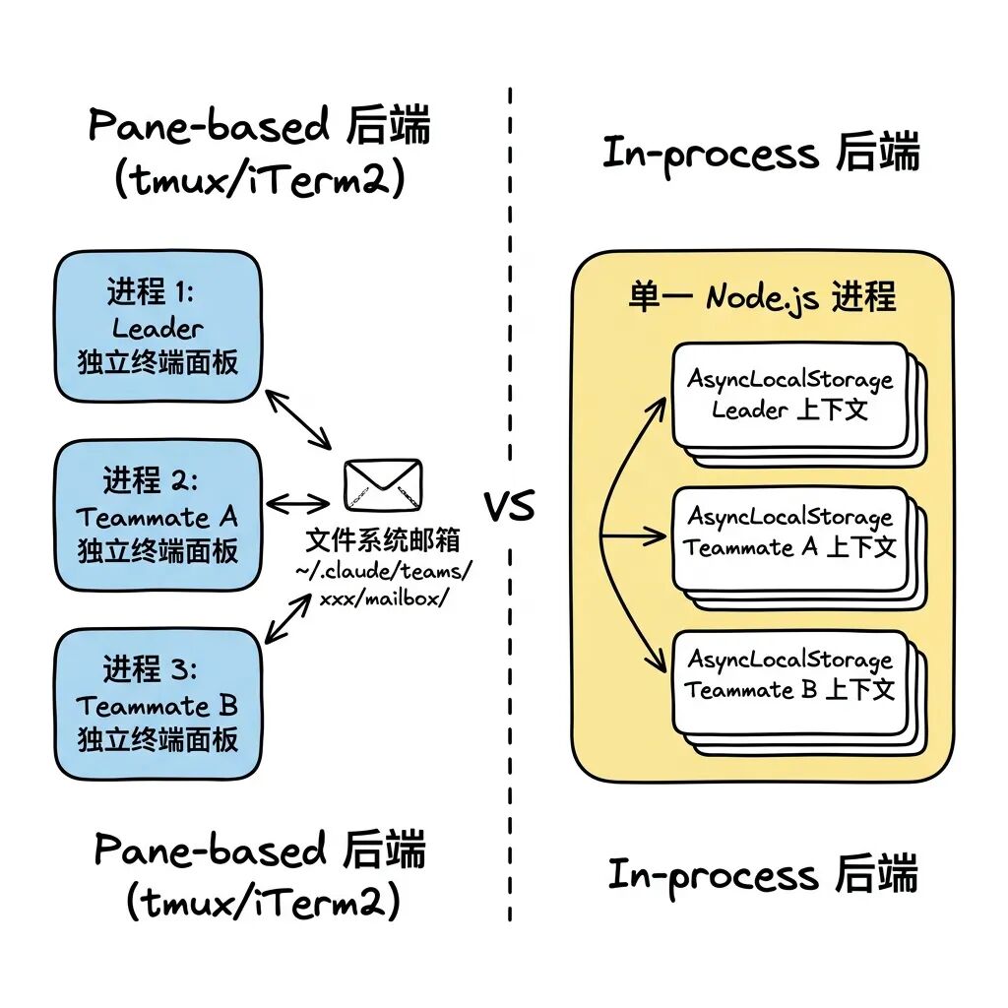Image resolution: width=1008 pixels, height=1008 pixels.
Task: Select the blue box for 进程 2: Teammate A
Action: pyautogui.click(x=157, y=516)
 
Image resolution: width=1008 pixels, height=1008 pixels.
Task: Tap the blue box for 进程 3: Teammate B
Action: pyautogui.click(x=157, y=705)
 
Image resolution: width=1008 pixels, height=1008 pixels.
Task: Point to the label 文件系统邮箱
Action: pyautogui.click(x=382, y=540)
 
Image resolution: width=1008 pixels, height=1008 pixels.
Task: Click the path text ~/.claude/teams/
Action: pyautogui.click(x=383, y=570)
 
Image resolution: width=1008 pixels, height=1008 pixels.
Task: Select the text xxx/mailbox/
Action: pyautogui.click(x=383, y=598)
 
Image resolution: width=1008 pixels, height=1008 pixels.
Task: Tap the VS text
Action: pyautogui.click(x=509, y=507)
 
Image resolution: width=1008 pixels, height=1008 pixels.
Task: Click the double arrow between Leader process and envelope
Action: pyautogui.click(x=301, y=418)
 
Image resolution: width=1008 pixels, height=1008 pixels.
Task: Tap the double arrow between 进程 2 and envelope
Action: pyautogui.click(x=298, y=503)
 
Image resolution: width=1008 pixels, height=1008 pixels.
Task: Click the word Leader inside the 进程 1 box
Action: pyautogui.click(x=157, y=328)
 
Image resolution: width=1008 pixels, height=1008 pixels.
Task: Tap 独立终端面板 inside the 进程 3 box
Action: pyautogui.click(x=157, y=738)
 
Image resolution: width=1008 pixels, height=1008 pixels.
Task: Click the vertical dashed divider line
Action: pyautogui.click(x=510, y=295)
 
